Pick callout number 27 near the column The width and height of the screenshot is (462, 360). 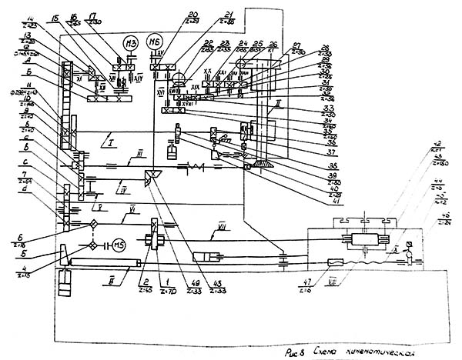tap(298, 46)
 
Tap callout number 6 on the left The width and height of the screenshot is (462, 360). tap(22, 218)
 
